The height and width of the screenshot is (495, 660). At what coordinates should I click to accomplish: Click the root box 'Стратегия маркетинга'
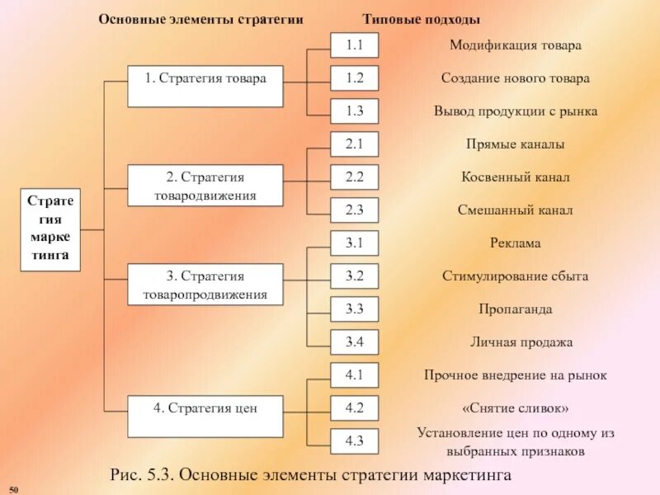[x=51, y=230]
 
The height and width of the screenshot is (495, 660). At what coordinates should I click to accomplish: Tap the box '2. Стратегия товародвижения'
[x=205, y=186]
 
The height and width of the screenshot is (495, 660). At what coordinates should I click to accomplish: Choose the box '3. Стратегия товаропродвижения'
[x=205, y=285]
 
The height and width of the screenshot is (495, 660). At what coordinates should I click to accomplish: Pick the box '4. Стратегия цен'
[x=205, y=416]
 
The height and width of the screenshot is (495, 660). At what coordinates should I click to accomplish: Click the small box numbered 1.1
[x=355, y=45]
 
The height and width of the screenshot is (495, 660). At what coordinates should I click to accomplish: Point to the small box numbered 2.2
[x=355, y=177]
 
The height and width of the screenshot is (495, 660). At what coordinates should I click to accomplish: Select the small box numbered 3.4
[x=355, y=342]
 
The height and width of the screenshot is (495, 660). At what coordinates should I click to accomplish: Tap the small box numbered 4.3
[x=355, y=441]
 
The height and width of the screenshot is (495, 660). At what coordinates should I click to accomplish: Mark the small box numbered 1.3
[x=355, y=111]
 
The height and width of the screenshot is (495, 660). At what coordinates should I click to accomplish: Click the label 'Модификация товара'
[x=516, y=45]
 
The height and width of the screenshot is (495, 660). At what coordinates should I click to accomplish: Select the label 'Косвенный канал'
[x=516, y=177]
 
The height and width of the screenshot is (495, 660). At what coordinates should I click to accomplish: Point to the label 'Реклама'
[x=516, y=243]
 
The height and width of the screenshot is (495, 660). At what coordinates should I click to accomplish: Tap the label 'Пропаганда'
[x=516, y=309]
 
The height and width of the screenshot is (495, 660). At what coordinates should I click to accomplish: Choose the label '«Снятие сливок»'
[x=516, y=408]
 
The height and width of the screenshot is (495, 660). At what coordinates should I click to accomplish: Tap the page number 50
[x=13, y=490]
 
